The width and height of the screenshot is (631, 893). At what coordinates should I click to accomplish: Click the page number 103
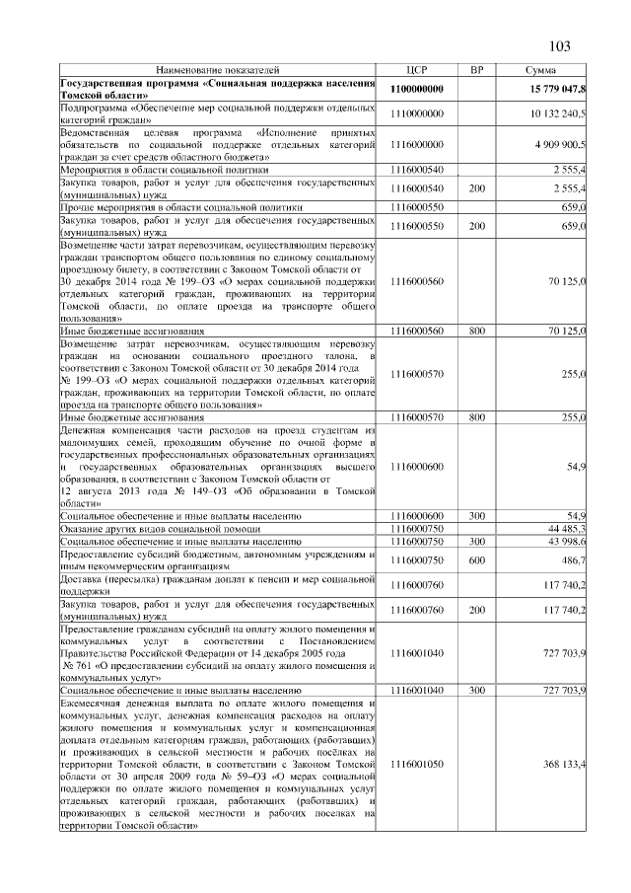click(x=559, y=46)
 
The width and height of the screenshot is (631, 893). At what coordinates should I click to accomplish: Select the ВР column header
click(x=477, y=71)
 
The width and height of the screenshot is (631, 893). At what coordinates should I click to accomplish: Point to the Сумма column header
click(x=540, y=71)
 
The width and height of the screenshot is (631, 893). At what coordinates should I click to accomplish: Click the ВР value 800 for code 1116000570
click(x=477, y=418)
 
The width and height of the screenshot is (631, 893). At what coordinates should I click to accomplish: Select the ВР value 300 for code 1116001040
click(x=477, y=691)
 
